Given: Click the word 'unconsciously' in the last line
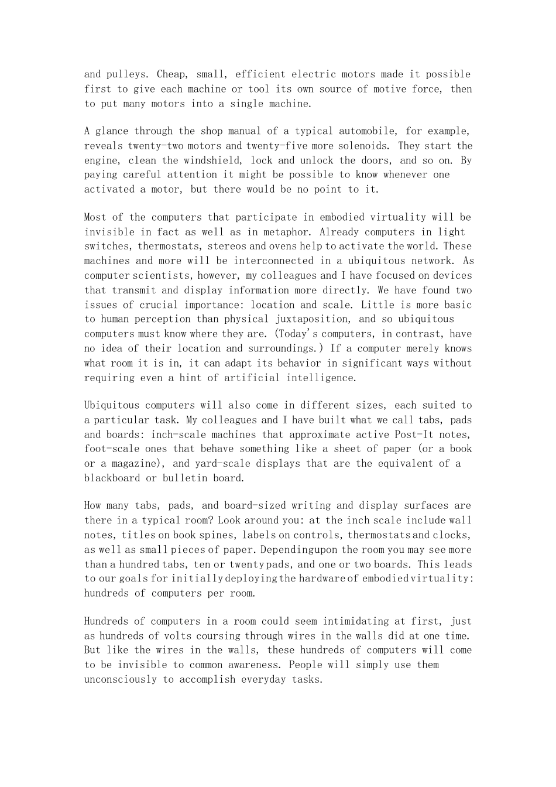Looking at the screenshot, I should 121,679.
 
